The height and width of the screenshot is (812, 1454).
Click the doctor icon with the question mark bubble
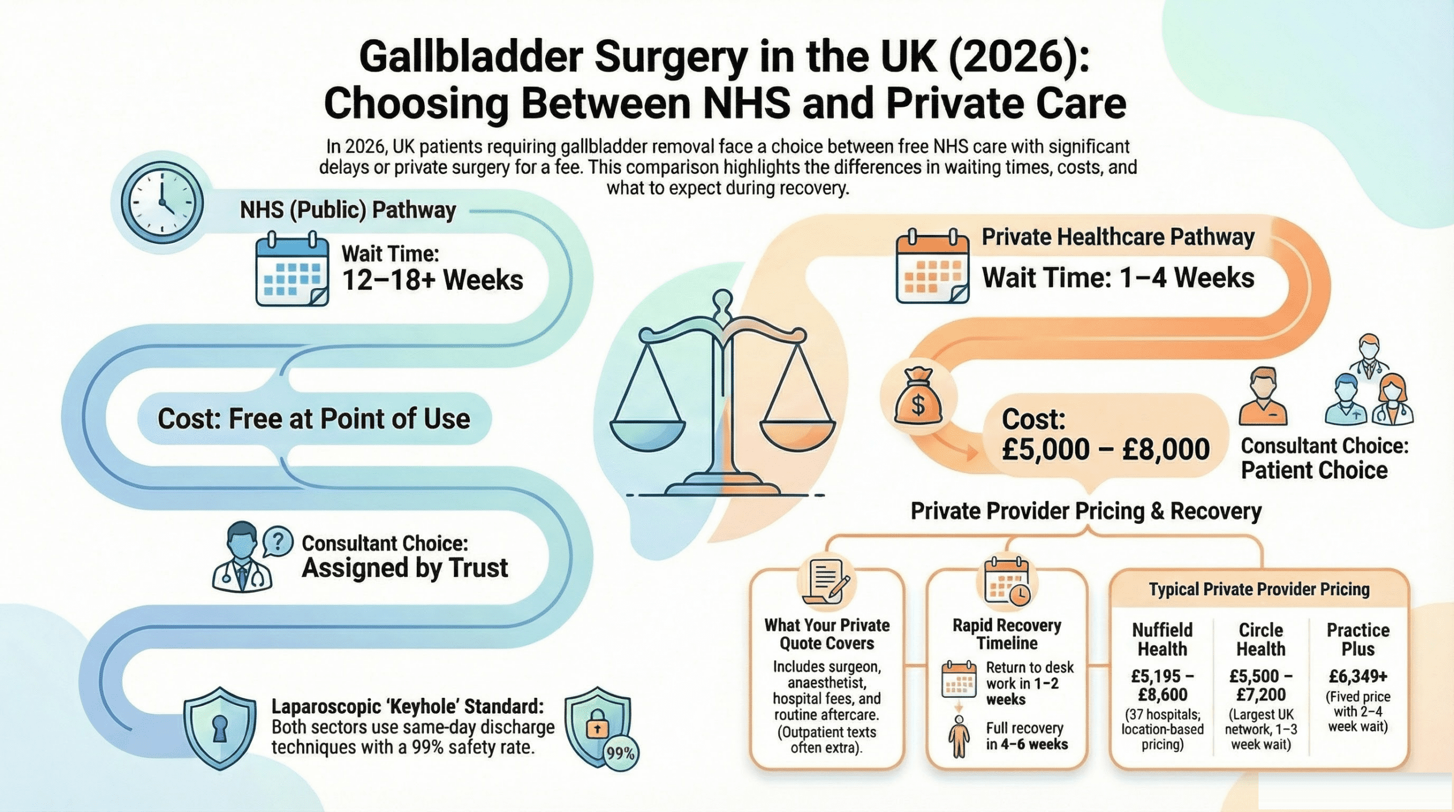click(243, 558)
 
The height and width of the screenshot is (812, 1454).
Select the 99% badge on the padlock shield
click(620, 753)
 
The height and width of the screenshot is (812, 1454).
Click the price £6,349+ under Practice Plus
click(1357, 676)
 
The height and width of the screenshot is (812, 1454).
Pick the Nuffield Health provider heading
click(1162, 639)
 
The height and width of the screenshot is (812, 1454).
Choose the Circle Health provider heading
click(1260, 639)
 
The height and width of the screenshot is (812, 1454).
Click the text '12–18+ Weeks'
click(432, 281)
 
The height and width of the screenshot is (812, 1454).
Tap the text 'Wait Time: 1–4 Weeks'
click(1118, 278)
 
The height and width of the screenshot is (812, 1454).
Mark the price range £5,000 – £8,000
click(1105, 449)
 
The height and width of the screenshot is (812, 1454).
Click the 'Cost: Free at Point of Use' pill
click(314, 419)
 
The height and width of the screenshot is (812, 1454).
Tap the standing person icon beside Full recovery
click(959, 736)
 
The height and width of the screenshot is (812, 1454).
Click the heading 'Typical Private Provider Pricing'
click(1259, 589)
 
